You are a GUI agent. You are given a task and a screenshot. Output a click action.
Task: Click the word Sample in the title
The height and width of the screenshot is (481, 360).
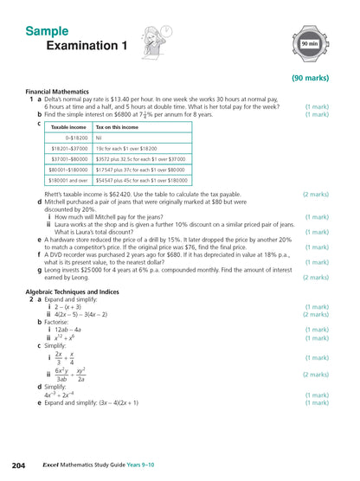47,31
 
